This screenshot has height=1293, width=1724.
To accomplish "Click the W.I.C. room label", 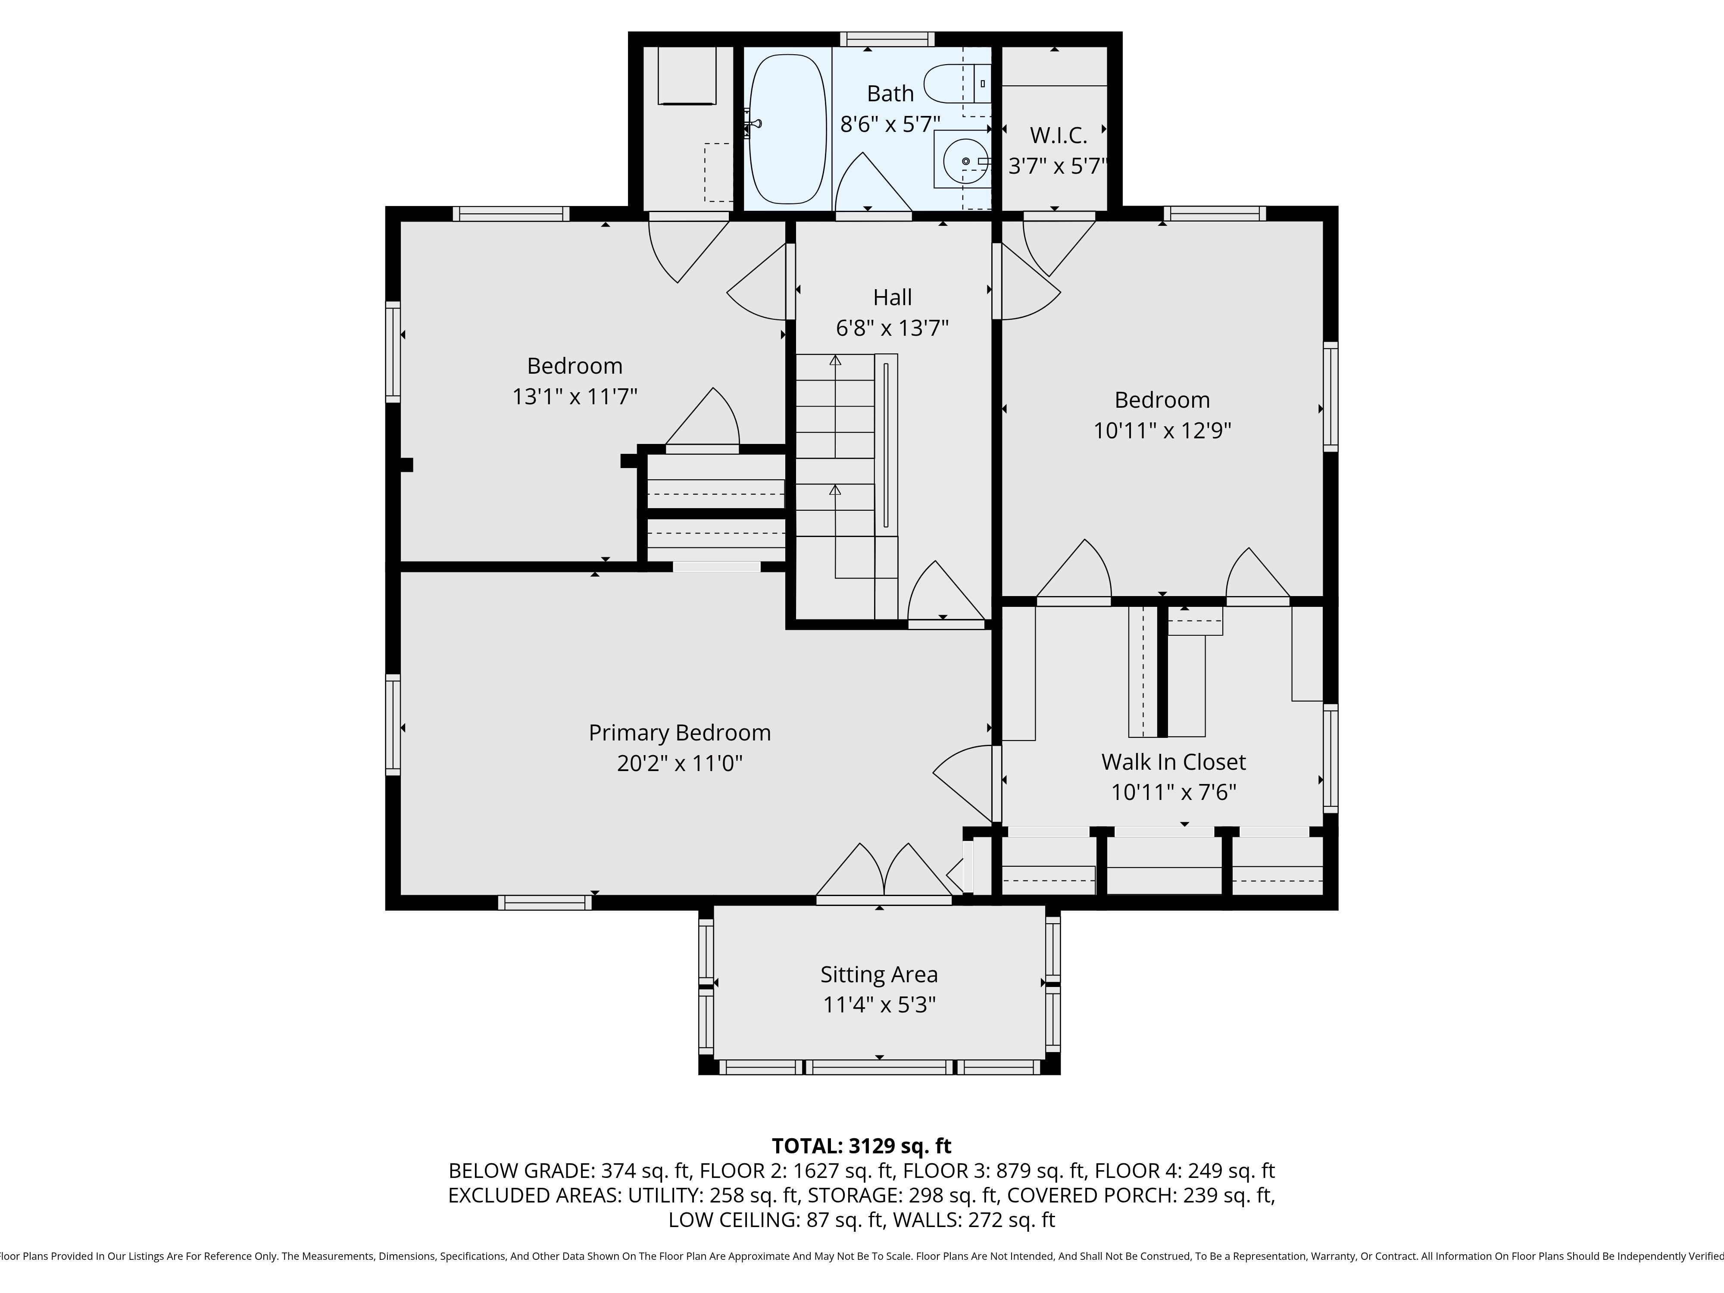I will (1058, 136).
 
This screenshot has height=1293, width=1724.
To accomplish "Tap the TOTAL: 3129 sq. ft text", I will (861, 1146).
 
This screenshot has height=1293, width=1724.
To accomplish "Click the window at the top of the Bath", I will (887, 39).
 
